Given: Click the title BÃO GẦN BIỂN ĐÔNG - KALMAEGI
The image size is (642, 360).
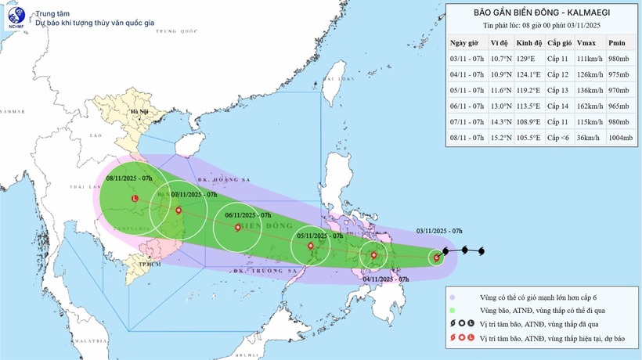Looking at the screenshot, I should [541, 13].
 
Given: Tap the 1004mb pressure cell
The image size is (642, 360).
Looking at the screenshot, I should [619, 146].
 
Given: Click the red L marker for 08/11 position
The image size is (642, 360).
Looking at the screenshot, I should [135, 199].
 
